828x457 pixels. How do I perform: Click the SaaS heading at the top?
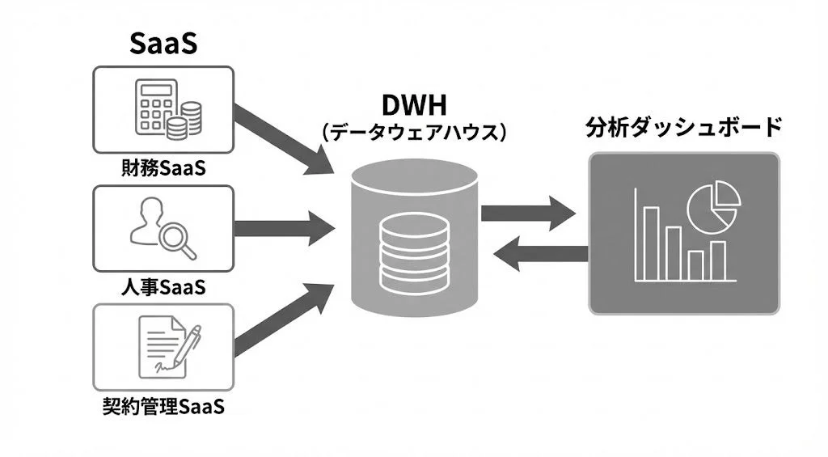pos(163,44)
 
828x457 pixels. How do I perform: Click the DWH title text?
pos(414,106)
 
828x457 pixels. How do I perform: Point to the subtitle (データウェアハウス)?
pos(414,132)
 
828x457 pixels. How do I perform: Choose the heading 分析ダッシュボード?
pos(684,127)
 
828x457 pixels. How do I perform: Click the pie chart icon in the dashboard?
pos(713,203)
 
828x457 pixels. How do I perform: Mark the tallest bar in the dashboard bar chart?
pos(651,243)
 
